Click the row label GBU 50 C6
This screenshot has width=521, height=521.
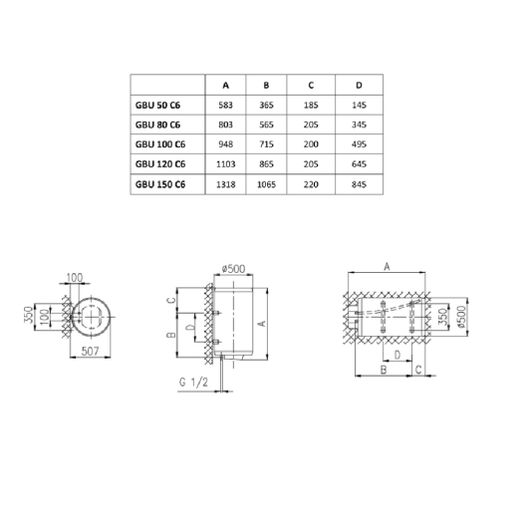click(x=157, y=104)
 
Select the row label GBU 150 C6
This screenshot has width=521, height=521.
click(x=159, y=184)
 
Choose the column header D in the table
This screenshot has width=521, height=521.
click(x=359, y=83)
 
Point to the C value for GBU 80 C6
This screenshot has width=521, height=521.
click(x=312, y=125)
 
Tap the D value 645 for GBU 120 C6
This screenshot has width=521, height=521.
click(x=359, y=164)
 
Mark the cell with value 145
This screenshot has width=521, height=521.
click(x=359, y=104)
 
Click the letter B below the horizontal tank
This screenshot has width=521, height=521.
click(x=383, y=370)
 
